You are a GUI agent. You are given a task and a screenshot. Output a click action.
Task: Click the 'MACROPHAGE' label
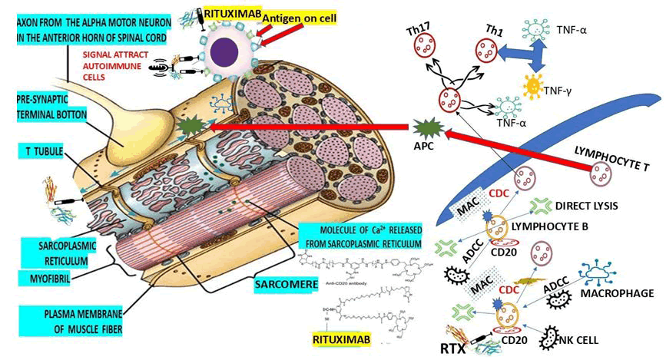(x=616, y=294)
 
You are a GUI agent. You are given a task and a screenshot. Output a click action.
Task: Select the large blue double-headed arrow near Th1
(x=532, y=55)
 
